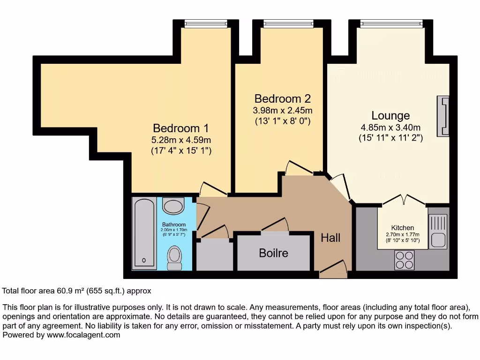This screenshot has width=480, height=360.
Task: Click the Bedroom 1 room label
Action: click(x=180, y=128)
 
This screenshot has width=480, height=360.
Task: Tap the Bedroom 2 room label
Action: click(x=282, y=99)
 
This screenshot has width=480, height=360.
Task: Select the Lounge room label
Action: click(x=390, y=115)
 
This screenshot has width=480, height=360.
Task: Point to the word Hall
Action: click(x=330, y=238)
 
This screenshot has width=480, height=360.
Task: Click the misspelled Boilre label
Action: click(x=273, y=253)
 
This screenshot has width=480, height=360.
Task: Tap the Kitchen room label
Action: click(x=403, y=228)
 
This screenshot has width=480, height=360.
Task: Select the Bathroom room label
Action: click(x=174, y=225)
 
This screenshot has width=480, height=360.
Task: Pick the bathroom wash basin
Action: click(x=174, y=206)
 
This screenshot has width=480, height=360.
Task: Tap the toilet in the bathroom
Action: click(x=174, y=258)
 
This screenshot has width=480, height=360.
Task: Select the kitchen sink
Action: click(x=438, y=231)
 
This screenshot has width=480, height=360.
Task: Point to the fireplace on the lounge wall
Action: click(x=442, y=116)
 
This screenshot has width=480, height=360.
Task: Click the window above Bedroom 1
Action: click(x=205, y=23)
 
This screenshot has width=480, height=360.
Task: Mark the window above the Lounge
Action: click(x=391, y=23)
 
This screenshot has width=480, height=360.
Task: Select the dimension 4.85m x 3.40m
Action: click(x=390, y=127)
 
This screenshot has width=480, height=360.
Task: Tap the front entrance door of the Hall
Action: click(x=334, y=270)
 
